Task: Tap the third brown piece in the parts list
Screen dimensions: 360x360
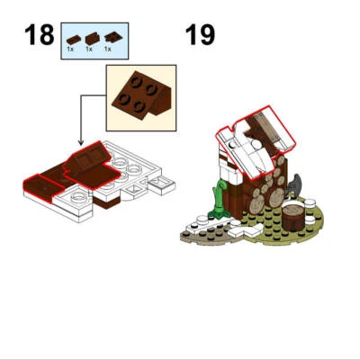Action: click(111, 37)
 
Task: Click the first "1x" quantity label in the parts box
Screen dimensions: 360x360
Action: click(70, 49)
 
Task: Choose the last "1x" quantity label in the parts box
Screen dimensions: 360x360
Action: click(110, 49)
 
